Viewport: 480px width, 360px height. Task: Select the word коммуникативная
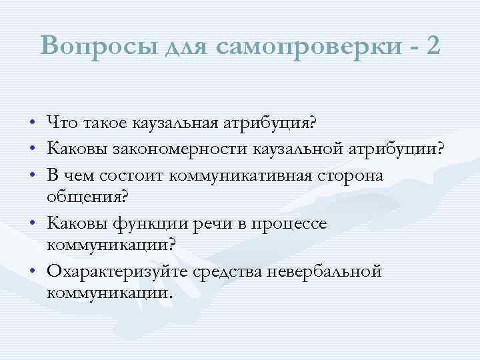coord(247,174)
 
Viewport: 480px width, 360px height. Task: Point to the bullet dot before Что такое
coord(33,123)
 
